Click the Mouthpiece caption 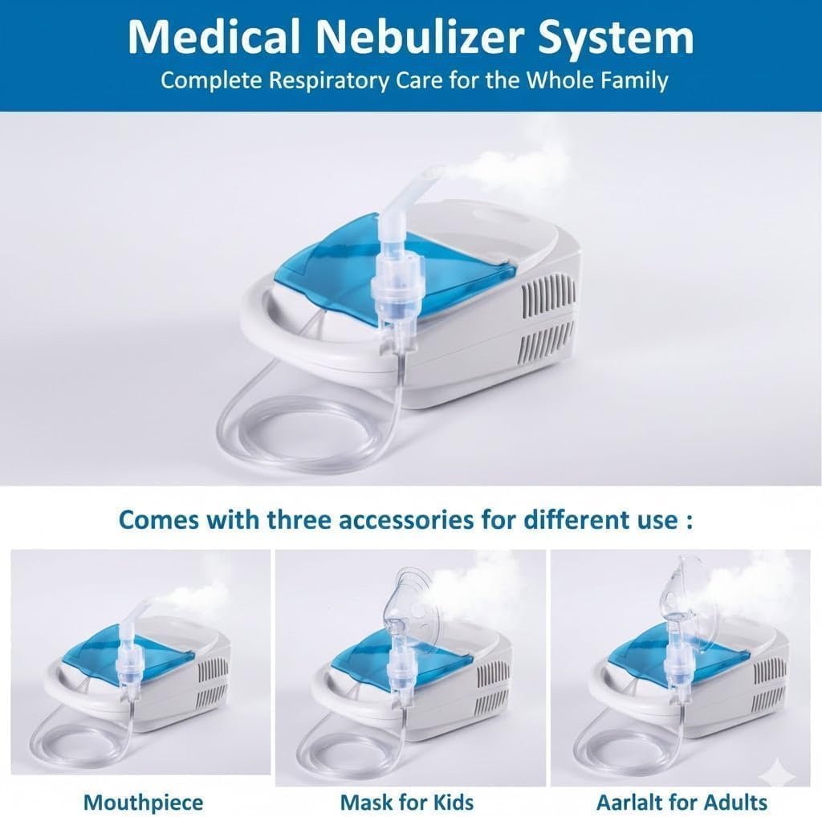pos(143,803)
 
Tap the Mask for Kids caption pos(407,803)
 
